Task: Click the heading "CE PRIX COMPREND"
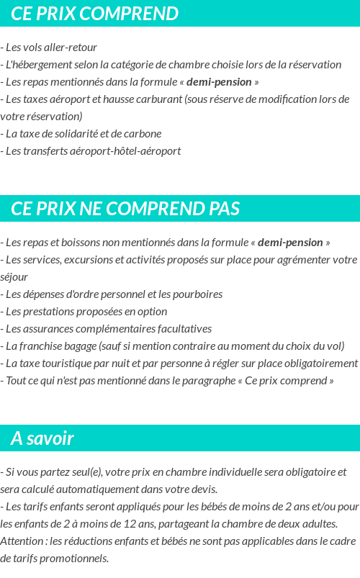[94, 14]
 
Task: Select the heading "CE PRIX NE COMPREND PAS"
[125, 209]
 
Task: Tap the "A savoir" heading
[42, 438]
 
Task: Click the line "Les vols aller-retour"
[50, 48]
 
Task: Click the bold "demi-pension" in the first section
[219, 82]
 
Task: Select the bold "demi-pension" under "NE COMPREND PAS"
[290, 243]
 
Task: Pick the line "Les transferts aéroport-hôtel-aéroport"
[92, 151]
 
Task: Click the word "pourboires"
[197, 294]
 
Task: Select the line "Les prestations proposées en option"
[86, 312]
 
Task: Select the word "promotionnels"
[75, 559]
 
